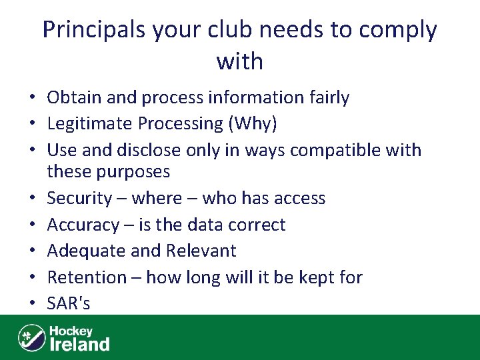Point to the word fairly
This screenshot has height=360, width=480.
(326, 98)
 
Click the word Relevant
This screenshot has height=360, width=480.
(203, 251)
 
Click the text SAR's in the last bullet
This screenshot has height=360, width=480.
(68, 303)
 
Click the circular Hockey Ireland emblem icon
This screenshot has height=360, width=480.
(31, 337)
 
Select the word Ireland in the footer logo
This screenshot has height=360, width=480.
(80, 344)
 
